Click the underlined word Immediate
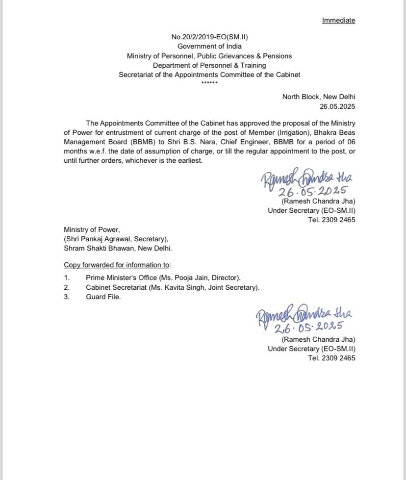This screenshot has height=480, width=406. tap(338, 20)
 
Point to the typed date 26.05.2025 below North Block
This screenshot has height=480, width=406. tap(337, 106)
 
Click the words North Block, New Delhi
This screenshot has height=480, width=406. tap(319, 97)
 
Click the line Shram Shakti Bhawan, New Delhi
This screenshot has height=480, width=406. tap(118, 248)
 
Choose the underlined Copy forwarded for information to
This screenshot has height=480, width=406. tap(117, 265)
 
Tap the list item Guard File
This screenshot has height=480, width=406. tap(103, 297)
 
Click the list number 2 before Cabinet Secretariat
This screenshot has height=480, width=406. tap(67, 287)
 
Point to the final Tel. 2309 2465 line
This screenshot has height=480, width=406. tap(331, 358)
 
